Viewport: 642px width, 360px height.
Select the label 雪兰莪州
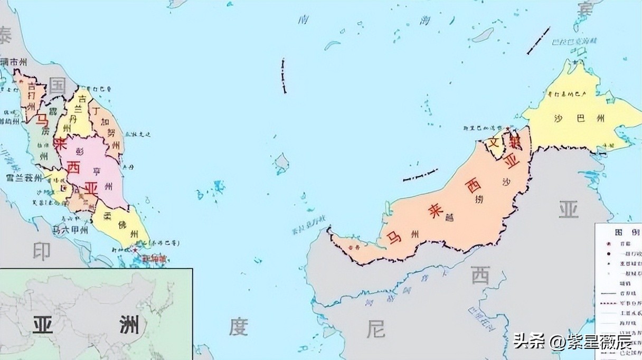coord(24,178)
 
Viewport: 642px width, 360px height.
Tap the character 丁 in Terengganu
coord(96,111)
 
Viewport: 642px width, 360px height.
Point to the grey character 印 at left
coord(41,251)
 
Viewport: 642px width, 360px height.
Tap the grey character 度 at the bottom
coord(238,327)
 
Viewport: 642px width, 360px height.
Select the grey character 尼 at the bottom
coord(376,329)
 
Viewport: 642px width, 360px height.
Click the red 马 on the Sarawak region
coord(394,236)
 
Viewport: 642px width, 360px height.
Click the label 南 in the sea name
coord(303,20)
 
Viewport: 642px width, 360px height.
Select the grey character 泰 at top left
coord(5,36)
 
